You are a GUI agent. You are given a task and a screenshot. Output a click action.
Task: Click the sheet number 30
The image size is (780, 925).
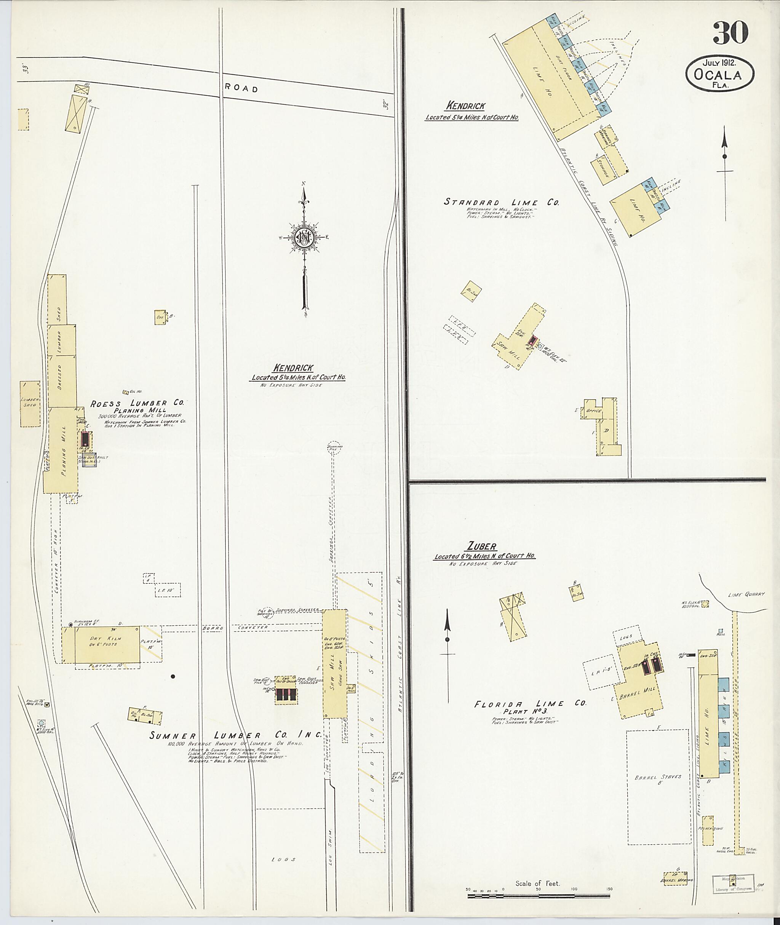click(730, 33)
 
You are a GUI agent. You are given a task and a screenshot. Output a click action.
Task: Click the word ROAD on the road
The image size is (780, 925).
click(241, 88)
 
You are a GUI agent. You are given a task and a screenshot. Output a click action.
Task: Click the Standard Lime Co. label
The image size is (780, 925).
click(502, 202)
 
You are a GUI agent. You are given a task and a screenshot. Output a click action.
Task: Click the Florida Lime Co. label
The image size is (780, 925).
click(530, 703)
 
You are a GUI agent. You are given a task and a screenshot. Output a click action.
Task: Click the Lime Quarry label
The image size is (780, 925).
click(746, 595)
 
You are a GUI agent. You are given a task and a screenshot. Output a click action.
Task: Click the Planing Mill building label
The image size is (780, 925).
click(64, 451)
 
